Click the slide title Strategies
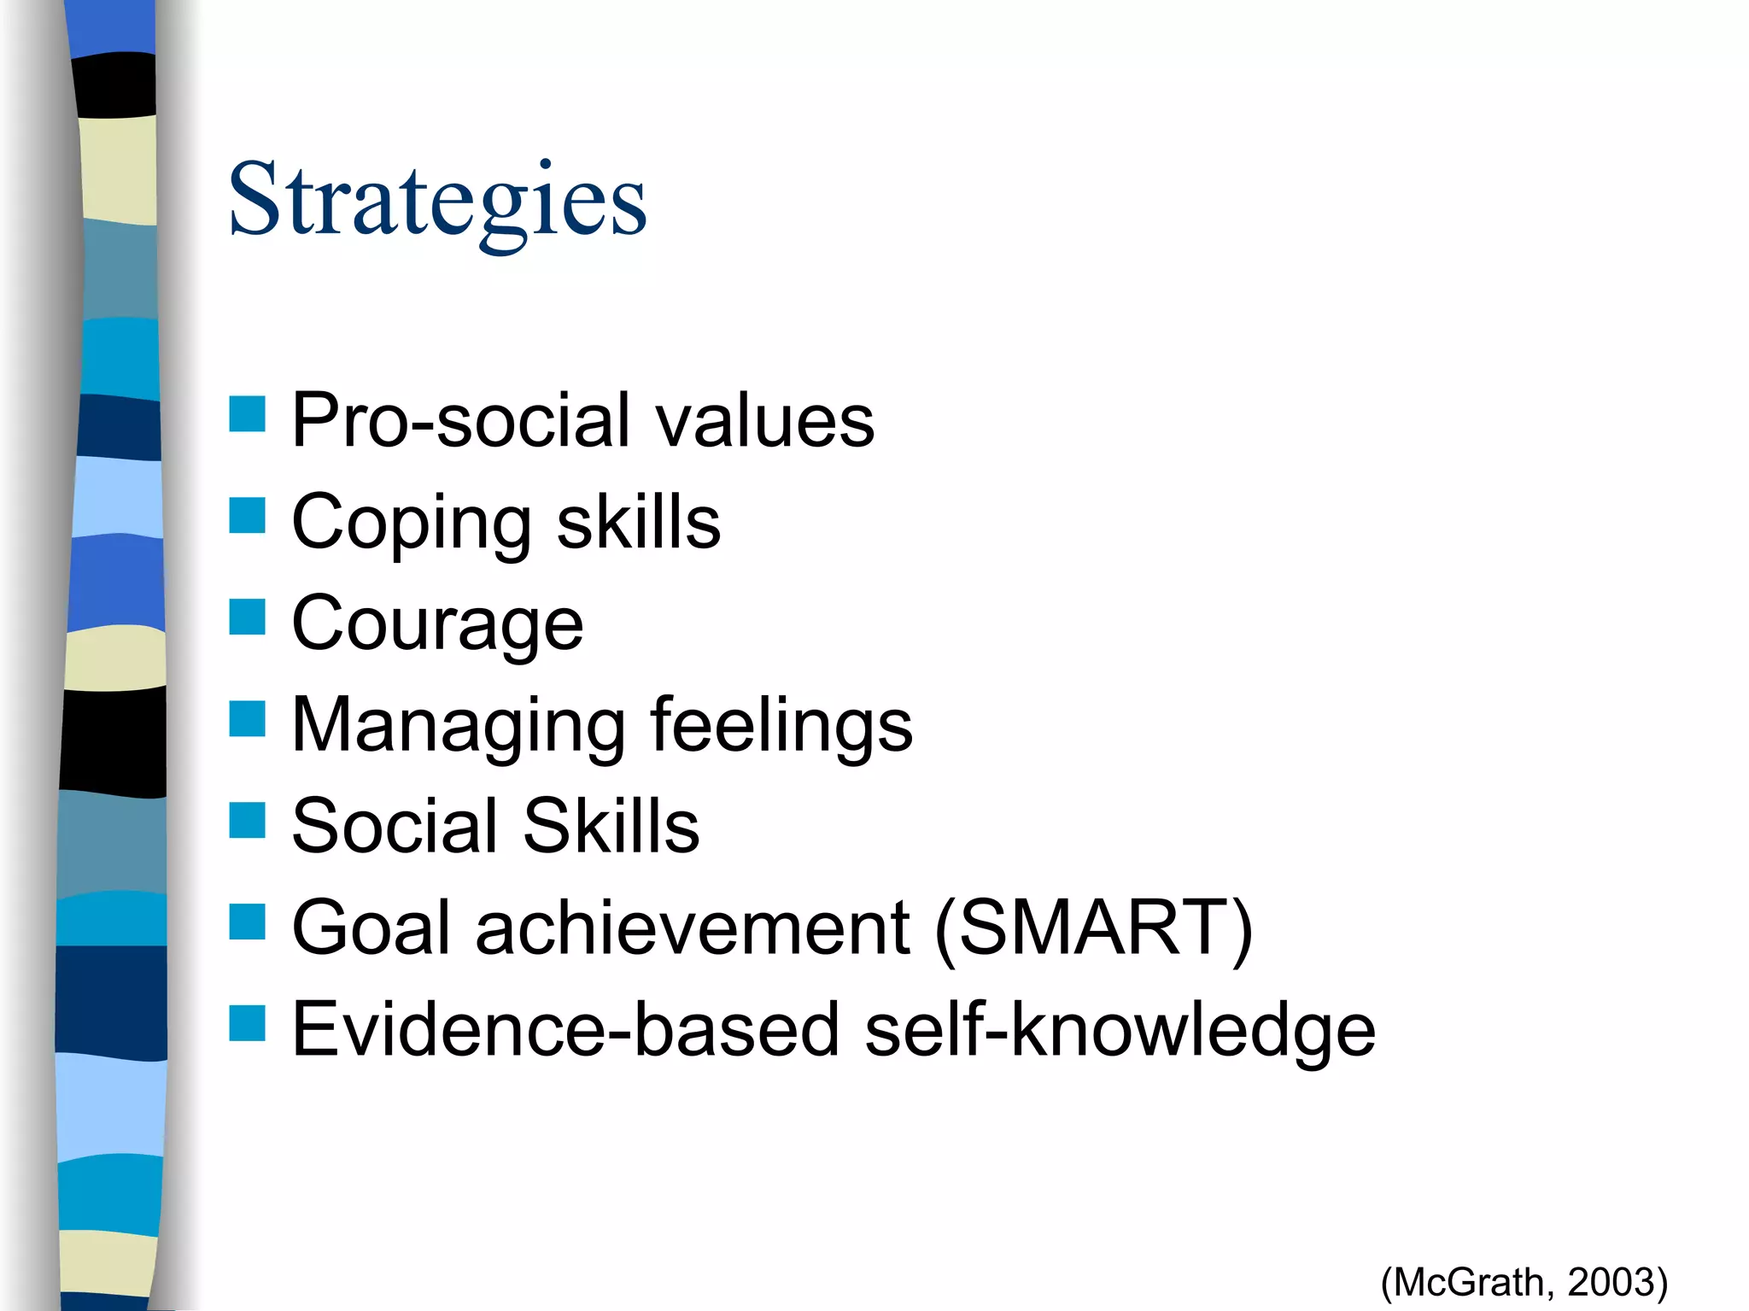[x=437, y=202]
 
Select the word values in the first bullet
[x=764, y=420]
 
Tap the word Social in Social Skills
[x=394, y=826]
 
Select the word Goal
[x=370, y=928]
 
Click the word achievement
[x=693, y=928]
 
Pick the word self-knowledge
[x=1120, y=1030]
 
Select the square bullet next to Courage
[x=247, y=617]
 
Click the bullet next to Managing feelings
[x=247, y=718]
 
